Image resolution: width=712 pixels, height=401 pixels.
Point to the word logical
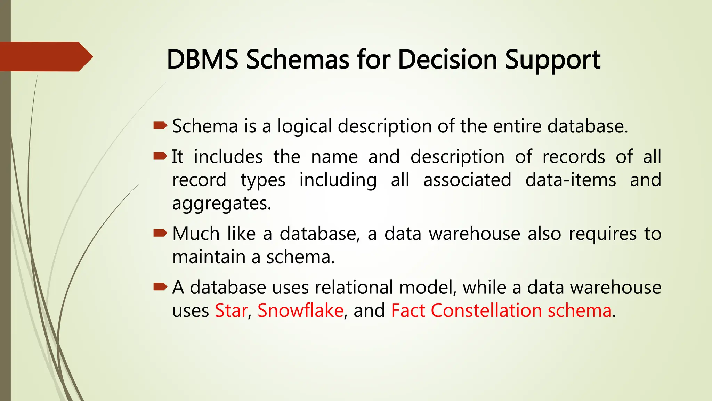[x=305, y=127]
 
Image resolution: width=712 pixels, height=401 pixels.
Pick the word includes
[x=228, y=157]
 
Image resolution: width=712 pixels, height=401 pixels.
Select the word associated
[x=467, y=180]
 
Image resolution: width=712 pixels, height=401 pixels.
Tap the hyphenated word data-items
[x=571, y=180]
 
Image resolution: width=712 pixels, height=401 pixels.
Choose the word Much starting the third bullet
[x=196, y=234]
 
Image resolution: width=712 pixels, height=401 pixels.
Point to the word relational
[x=354, y=288]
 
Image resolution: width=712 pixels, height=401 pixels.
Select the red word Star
[x=231, y=310]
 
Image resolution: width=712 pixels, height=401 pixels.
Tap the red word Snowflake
[x=300, y=310]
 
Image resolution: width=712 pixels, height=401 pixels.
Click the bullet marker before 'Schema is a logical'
[x=160, y=126]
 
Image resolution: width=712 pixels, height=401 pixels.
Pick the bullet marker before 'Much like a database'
[x=160, y=233]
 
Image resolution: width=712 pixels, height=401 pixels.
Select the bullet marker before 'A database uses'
[x=160, y=287]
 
